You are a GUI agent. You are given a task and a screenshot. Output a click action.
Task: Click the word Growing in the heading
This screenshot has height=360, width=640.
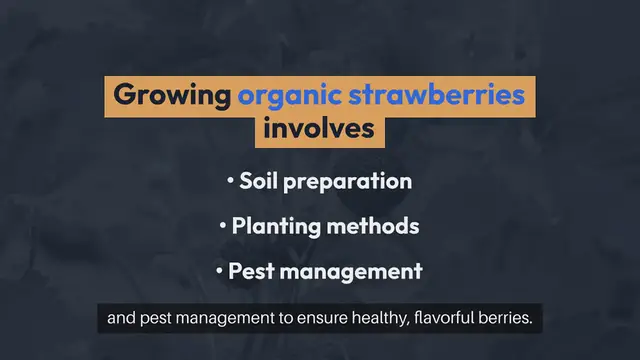(x=172, y=96)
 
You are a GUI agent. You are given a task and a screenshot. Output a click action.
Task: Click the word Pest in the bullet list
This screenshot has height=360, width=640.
(x=250, y=271)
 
